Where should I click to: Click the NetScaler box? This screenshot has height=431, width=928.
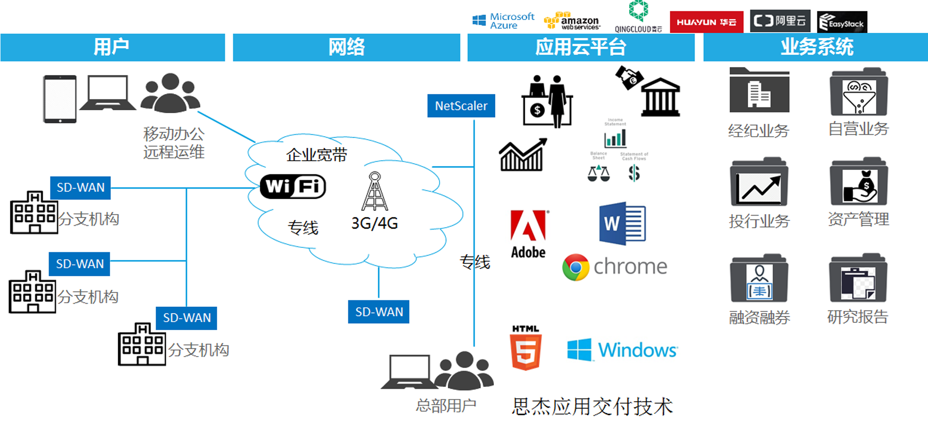(x=461, y=106)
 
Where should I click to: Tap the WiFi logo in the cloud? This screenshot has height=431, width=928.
(x=293, y=187)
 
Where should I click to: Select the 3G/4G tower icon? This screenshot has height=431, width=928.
(x=375, y=192)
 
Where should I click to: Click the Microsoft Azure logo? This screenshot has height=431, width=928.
(x=503, y=21)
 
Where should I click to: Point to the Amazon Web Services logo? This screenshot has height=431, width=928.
(x=572, y=21)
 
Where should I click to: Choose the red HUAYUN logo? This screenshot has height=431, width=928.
(x=706, y=22)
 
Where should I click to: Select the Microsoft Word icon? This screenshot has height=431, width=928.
(x=622, y=223)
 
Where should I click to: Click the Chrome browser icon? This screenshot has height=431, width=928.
(x=576, y=267)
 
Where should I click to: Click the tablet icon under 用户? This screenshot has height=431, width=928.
(x=60, y=99)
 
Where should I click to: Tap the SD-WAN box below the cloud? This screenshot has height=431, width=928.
(x=379, y=312)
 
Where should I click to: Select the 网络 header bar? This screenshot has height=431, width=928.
(x=346, y=48)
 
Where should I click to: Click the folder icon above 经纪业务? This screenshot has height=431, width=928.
(x=759, y=91)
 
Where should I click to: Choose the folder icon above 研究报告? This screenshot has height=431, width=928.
(x=858, y=278)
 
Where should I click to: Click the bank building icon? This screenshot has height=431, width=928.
(x=660, y=97)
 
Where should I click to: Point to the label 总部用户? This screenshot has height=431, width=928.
(x=446, y=406)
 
